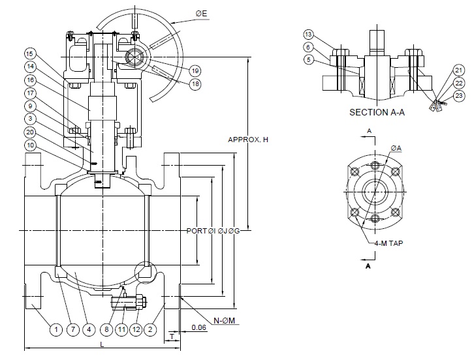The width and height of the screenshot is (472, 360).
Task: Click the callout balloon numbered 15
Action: coord(31,53)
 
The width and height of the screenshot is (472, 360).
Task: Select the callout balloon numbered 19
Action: coord(195,70)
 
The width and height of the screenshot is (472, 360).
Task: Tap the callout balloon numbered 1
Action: coord(56,330)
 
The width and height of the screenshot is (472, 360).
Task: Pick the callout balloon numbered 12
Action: coord(135,330)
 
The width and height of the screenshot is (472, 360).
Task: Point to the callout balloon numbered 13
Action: coord(308,34)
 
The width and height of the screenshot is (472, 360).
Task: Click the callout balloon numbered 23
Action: coord(459,96)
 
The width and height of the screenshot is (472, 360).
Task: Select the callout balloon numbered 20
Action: coord(31,132)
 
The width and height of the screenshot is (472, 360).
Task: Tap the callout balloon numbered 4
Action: coord(88,330)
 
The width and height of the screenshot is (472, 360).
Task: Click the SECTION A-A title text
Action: coord(378,112)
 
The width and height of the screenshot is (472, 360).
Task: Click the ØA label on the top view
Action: coord(395,148)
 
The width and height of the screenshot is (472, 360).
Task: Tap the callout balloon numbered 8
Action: coord(107,330)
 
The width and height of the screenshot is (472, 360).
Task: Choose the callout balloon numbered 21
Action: coord(459,70)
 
